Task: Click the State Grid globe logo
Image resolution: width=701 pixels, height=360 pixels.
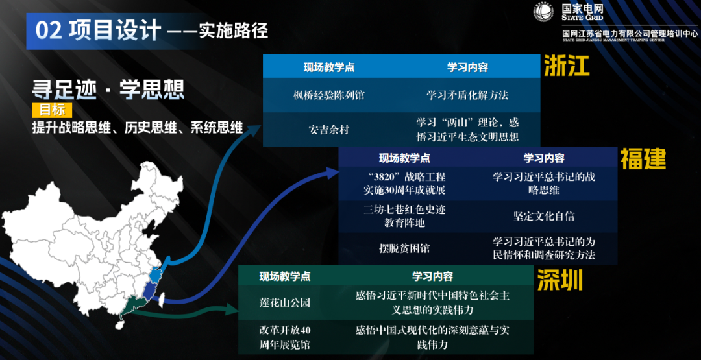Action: [x=543, y=12]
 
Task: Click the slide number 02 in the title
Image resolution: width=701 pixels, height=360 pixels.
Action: [x=49, y=30]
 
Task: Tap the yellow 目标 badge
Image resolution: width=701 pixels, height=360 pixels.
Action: [x=51, y=110]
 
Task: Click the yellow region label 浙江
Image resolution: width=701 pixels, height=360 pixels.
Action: [x=567, y=66]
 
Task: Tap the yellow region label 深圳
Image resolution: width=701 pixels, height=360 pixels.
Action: [x=560, y=280]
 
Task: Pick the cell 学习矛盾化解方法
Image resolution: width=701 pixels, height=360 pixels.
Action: [x=467, y=95]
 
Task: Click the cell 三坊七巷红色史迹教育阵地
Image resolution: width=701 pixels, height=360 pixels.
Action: [x=404, y=217]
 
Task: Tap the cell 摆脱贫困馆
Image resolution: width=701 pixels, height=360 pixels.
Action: [x=404, y=248]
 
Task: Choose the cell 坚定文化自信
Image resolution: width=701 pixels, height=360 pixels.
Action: [x=543, y=217]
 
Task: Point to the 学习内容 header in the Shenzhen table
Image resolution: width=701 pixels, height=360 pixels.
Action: [x=432, y=276]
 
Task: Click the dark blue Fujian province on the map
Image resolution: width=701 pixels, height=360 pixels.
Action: [x=152, y=287]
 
